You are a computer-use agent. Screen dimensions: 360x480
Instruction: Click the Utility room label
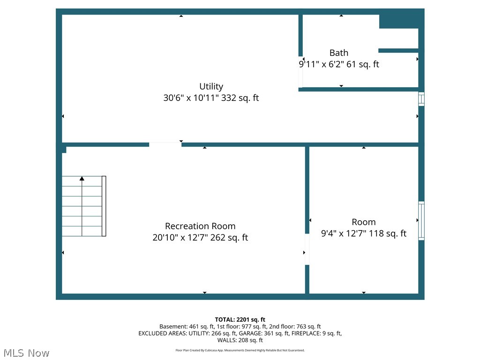click(211, 86)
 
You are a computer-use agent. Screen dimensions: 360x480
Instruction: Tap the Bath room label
click(338, 53)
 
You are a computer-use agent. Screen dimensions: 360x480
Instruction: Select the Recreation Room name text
click(200, 226)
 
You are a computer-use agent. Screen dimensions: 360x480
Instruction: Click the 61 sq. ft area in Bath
click(362, 64)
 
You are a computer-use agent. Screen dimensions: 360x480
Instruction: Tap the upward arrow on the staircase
click(82, 179)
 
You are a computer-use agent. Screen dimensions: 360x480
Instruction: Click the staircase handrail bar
click(104, 206)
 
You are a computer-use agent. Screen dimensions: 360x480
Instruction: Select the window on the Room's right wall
click(421, 221)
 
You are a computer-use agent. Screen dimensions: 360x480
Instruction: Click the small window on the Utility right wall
click(421, 99)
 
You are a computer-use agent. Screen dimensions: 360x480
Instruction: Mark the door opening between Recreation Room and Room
click(307, 249)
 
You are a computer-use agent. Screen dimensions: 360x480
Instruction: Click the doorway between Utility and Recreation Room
click(165, 145)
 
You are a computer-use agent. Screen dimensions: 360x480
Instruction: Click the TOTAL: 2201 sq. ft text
click(240, 320)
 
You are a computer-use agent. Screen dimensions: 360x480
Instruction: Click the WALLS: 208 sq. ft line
click(240, 340)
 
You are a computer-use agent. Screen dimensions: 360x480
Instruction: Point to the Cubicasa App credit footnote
click(240, 350)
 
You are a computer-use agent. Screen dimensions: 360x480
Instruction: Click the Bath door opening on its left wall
click(300, 72)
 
